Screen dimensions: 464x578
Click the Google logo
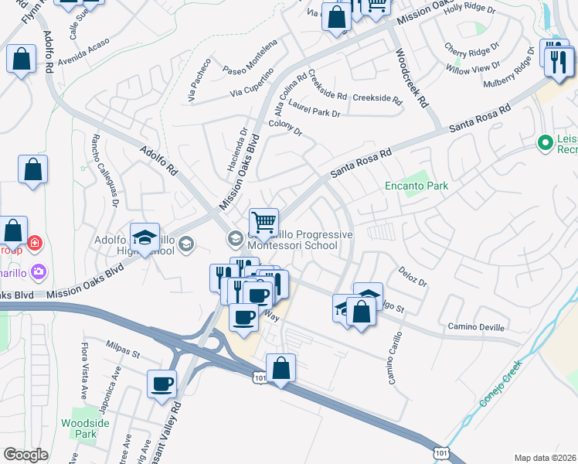point(25,455)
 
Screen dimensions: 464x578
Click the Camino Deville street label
point(477,327)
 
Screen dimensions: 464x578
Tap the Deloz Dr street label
point(413,277)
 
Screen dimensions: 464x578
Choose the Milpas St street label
point(123,355)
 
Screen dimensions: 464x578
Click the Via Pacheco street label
point(199,80)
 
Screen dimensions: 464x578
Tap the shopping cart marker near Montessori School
point(263,223)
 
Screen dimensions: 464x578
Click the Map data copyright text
point(546,458)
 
